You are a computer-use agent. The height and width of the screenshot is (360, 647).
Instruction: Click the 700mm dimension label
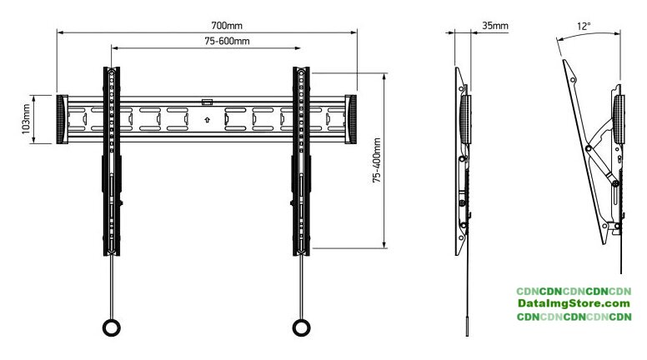point(227,26)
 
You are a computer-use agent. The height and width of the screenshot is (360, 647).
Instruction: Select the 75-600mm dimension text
point(227,41)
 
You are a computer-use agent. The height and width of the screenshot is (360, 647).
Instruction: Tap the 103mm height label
point(26,119)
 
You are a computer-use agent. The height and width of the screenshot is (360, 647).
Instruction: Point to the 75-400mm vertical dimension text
point(377,160)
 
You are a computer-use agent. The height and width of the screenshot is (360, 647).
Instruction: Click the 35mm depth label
point(495,26)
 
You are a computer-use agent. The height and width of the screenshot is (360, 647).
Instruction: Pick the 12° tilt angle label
point(584,27)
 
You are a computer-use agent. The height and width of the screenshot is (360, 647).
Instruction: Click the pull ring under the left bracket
point(112,328)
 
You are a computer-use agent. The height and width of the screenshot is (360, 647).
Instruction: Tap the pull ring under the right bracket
point(301,328)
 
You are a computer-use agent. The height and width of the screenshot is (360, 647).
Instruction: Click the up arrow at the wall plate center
point(207,120)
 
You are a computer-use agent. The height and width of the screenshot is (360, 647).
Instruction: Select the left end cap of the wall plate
point(62,120)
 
